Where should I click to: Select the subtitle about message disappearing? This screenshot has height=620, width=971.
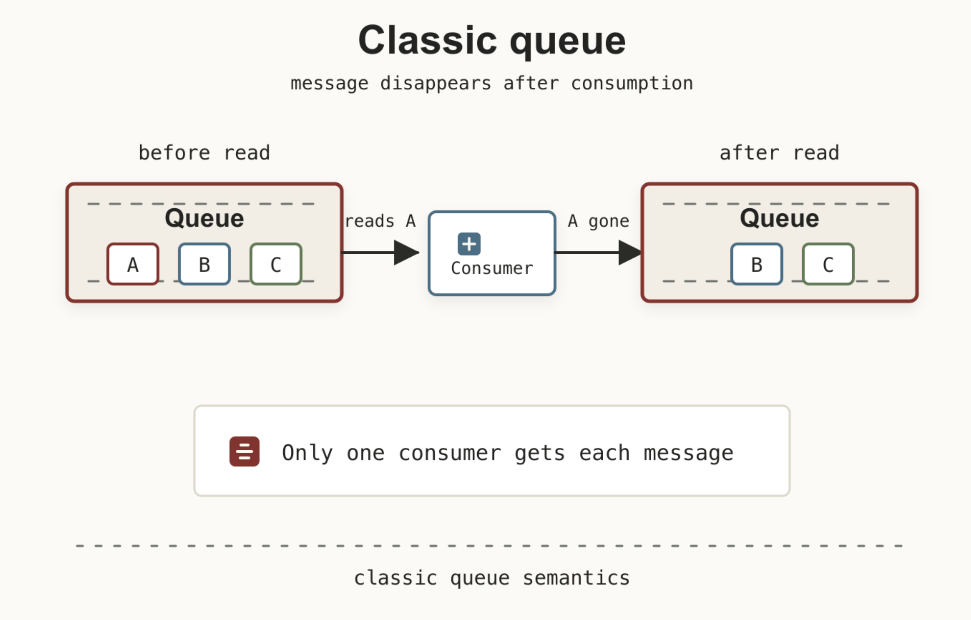[492, 83]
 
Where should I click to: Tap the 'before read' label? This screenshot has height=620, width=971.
[204, 153]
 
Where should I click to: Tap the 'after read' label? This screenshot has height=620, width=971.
[779, 153]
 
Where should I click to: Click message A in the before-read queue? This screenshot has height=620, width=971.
[133, 264]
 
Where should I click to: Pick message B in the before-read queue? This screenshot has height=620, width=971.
[204, 264]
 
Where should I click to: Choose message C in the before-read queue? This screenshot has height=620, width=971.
[276, 264]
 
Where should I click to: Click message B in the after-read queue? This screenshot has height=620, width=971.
[757, 264]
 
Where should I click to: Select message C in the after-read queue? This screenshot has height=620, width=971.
[828, 264]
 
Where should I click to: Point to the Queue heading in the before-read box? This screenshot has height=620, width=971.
[204, 218]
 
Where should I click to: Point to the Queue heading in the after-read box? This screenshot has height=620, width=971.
[780, 218]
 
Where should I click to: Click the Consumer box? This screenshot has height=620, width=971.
[492, 253]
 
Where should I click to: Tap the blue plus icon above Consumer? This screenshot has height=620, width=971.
[469, 244]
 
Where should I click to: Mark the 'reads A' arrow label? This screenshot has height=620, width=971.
[381, 221]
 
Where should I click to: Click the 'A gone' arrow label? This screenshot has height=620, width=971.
[599, 221]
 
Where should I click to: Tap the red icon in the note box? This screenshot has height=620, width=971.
[244, 451]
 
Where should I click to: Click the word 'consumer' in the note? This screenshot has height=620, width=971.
[450, 453]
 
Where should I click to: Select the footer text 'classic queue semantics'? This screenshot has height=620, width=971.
[492, 578]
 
